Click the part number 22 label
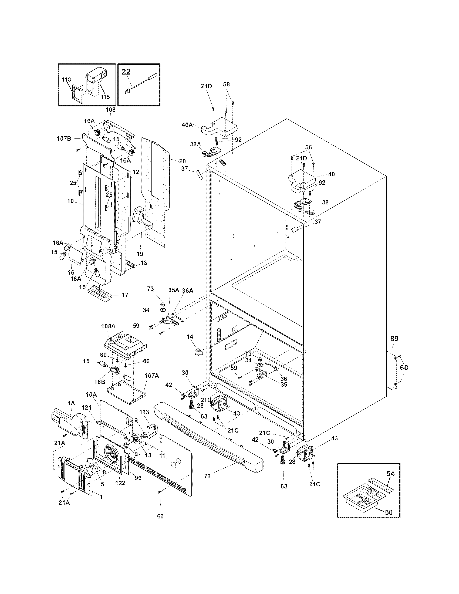coord(126,72)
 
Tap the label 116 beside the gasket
coord(66,80)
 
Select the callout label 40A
coord(187,125)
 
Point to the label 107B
coord(64,139)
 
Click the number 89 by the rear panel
coord(394,339)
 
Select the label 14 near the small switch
coord(190,337)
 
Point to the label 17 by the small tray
coord(125,295)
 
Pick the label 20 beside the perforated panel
coord(182,161)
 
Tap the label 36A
coord(188,291)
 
